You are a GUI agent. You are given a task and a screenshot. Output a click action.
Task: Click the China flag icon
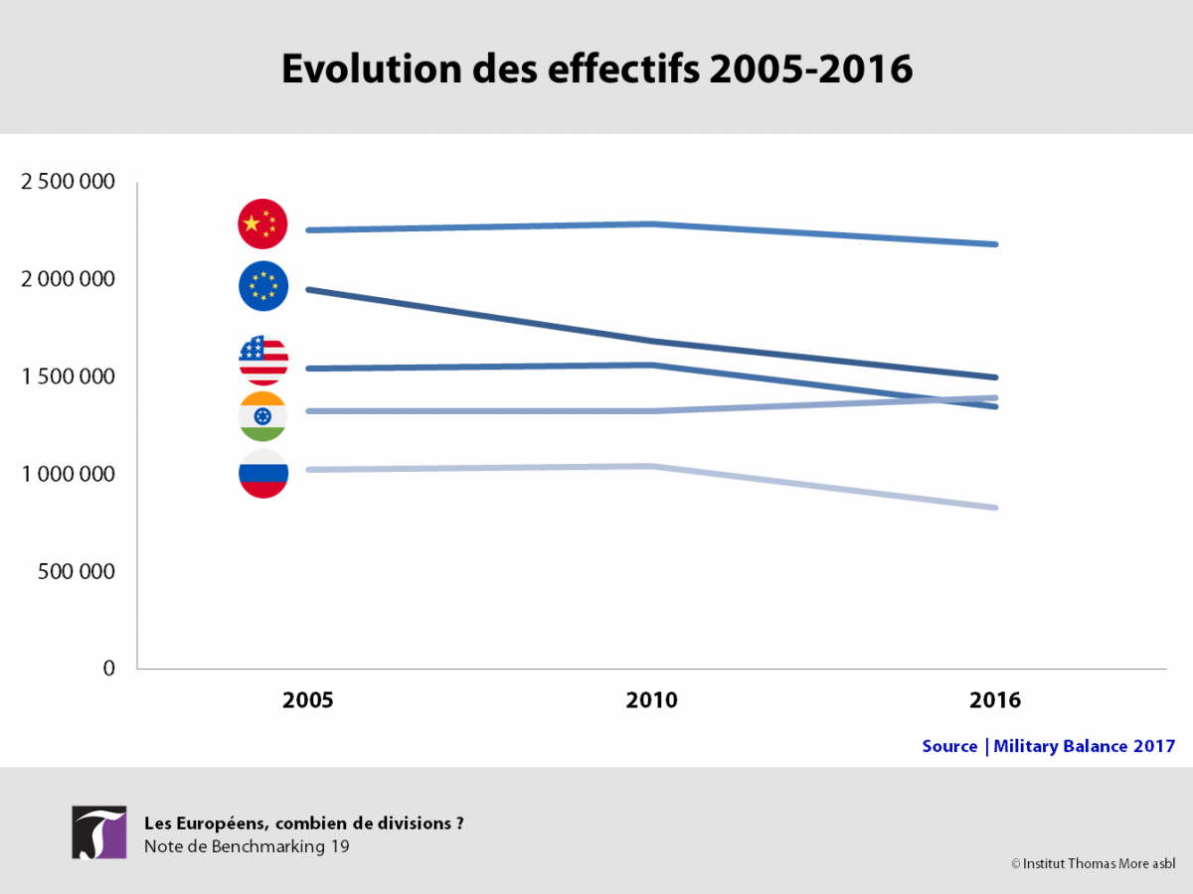[262, 223]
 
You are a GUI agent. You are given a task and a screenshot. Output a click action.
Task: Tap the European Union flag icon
[263, 286]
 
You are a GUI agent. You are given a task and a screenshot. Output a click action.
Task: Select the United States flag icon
[263, 361]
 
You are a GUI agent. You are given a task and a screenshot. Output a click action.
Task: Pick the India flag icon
[263, 416]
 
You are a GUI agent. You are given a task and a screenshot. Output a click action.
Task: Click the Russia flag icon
[263, 474]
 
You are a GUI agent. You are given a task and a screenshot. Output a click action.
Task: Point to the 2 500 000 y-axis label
[68, 182]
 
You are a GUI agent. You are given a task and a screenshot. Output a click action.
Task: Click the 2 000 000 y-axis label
[68, 279]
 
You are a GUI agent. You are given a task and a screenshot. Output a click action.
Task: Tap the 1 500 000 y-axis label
[68, 376]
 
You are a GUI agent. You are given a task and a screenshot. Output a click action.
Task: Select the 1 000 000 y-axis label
[68, 474]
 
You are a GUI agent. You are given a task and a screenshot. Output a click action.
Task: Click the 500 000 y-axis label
[77, 571]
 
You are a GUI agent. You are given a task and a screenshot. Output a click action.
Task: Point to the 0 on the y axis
[109, 669]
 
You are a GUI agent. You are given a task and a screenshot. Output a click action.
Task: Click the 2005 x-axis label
[307, 700]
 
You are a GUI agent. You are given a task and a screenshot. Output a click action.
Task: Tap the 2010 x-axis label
[651, 700]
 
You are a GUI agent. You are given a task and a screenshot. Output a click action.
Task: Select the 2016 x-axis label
[995, 700]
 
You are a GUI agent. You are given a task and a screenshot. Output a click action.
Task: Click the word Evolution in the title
[372, 69]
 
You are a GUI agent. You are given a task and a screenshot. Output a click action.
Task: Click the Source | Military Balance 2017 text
[1049, 746]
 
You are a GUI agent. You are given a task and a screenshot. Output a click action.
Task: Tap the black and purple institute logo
[98, 832]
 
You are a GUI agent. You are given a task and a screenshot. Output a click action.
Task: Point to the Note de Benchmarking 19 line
[247, 846]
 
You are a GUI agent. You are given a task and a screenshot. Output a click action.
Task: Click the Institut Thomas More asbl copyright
[1093, 863]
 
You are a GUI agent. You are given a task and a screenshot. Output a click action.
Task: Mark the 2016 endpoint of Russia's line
[996, 508]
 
